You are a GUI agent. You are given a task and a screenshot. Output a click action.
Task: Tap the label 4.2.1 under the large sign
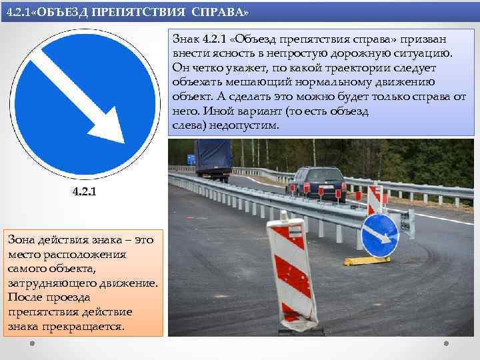click(x=84, y=193)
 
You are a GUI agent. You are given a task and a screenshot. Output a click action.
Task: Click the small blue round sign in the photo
click(x=379, y=234)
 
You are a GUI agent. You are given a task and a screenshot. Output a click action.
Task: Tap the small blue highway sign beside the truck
click(x=191, y=159)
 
